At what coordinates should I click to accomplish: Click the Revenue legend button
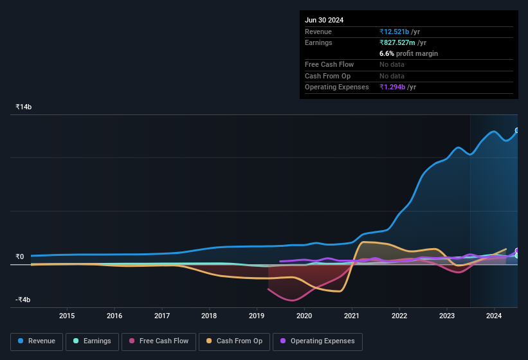[x=37, y=341]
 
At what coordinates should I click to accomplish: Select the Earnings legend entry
[x=92, y=341]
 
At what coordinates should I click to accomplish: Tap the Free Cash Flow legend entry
[x=159, y=341]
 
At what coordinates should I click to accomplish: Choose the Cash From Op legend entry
[x=233, y=341]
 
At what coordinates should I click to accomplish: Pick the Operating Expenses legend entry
[x=317, y=341]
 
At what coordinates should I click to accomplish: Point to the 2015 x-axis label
[x=67, y=316]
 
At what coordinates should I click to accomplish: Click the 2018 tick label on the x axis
[x=209, y=316]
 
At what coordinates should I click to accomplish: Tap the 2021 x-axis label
[x=352, y=316]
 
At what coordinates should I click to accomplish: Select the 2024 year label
[x=494, y=316]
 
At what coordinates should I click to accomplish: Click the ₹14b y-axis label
[x=24, y=107]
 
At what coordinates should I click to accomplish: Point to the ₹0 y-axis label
[x=20, y=257]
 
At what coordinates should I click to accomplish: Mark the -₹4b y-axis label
[x=24, y=300]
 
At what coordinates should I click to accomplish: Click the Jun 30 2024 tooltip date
[x=324, y=20]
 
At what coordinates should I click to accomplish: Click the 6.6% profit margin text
[x=408, y=53]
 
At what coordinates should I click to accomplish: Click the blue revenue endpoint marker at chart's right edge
[x=516, y=130]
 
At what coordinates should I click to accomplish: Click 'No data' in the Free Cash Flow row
[x=392, y=64]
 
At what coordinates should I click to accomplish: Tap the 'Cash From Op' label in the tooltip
[x=327, y=76]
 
